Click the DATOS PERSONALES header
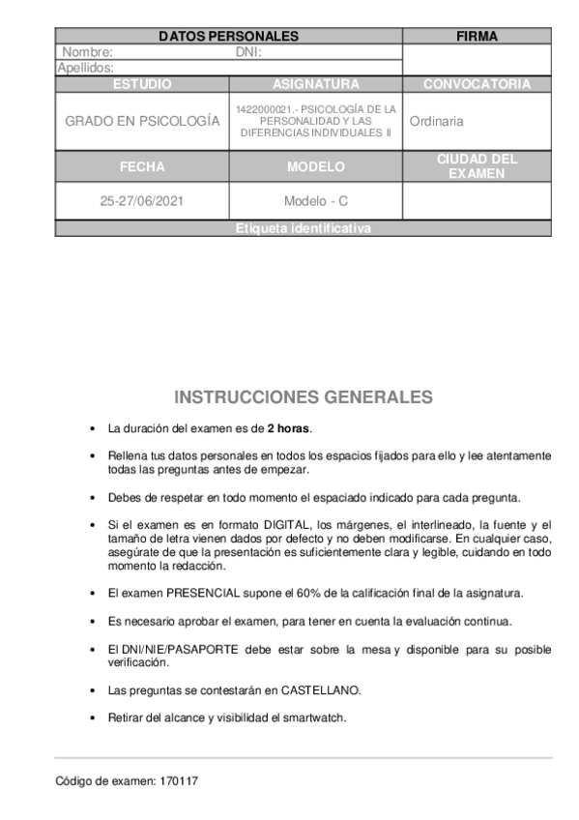pyautogui.click(x=228, y=37)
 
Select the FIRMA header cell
pyautogui.click(x=477, y=37)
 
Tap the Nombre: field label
pyautogui.click(x=88, y=52)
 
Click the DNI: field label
pyautogui.click(x=249, y=52)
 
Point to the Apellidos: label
pyautogui.click(x=86, y=68)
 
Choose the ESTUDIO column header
pyautogui.click(x=142, y=84)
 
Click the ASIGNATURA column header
pyautogui.click(x=315, y=84)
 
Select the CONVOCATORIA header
pyautogui.click(x=477, y=84)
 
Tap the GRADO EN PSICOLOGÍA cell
pyautogui.click(x=142, y=122)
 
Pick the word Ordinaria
pyautogui.click(x=436, y=122)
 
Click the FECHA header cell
pyautogui.click(x=142, y=166)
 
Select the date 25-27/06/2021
pyautogui.click(x=142, y=201)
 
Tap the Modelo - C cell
pyautogui.click(x=315, y=201)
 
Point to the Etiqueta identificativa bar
pyautogui.click(x=303, y=229)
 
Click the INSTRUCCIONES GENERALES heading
pyautogui.click(x=304, y=397)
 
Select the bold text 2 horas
pyautogui.click(x=289, y=427)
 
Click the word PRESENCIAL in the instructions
pyautogui.click(x=204, y=592)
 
